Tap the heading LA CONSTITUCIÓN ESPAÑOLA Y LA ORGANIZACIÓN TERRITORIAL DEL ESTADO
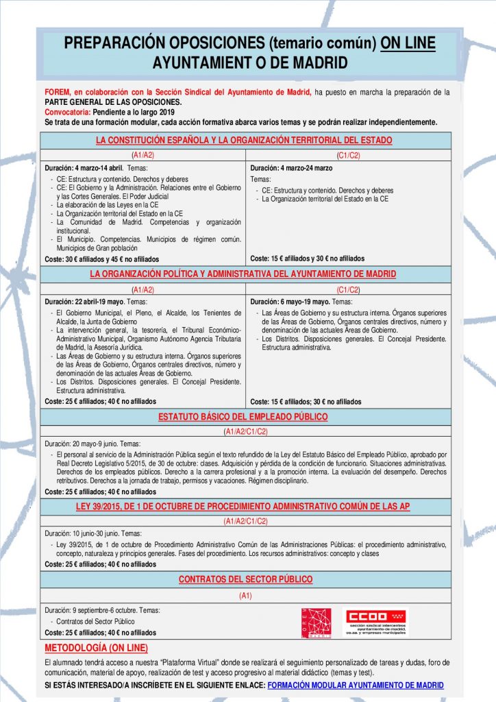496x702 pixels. pyautogui.click(x=244, y=141)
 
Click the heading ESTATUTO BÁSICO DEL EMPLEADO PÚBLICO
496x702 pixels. pyautogui.click(x=243, y=417)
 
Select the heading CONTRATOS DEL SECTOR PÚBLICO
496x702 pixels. pyautogui.click(x=245, y=579)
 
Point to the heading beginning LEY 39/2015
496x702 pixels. pyautogui.click(x=243, y=507)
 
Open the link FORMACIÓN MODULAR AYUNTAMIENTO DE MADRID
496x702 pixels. pyautogui.click(x=356, y=685)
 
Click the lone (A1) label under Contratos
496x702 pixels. pyautogui.click(x=245, y=596)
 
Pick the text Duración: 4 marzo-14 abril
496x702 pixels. pyautogui.click(x=84, y=168)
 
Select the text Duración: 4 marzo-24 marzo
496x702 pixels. pyautogui.click(x=291, y=168)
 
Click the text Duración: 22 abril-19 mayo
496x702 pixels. pyautogui.click(x=84, y=302)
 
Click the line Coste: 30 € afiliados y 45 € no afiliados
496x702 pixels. pyautogui.click(x=101, y=259)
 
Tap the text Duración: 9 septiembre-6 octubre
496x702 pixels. pyautogui.click(x=92, y=609)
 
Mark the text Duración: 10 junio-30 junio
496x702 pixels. pyautogui.click(x=83, y=533)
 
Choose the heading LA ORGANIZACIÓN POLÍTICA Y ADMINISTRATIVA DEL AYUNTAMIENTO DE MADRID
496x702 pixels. pyautogui.click(x=243, y=274)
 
